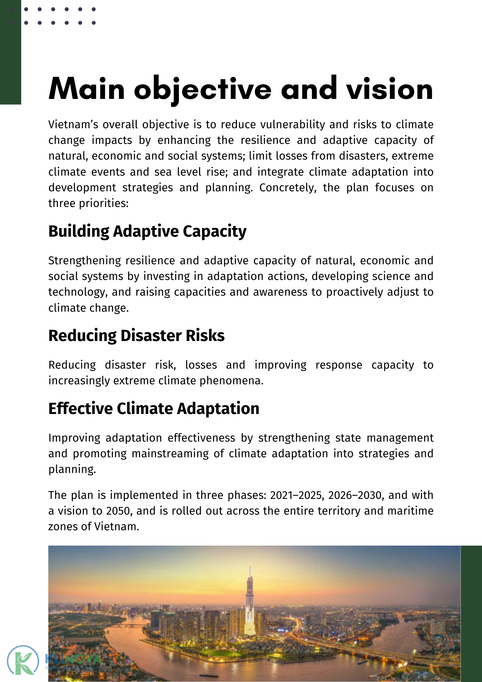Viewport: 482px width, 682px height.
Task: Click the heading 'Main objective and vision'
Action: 241,89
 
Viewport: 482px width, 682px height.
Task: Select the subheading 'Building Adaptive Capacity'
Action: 147,231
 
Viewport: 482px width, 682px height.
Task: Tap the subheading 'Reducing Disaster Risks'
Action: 136,336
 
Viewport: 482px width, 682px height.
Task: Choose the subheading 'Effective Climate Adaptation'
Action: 154,409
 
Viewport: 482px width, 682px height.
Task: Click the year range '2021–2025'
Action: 296,495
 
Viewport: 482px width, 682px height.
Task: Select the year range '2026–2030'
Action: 355,495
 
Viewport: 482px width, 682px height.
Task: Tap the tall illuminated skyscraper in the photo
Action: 250,604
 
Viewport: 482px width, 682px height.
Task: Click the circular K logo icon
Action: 23,660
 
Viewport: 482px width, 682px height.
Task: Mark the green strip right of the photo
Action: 471,614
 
